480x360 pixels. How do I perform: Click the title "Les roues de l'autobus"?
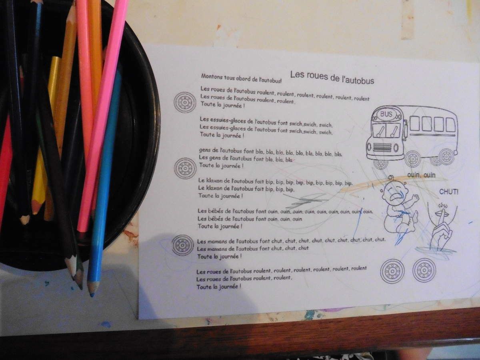[x=332, y=78]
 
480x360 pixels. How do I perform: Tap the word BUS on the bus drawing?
[x=386, y=114]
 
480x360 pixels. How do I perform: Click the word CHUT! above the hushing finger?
[x=449, y=192]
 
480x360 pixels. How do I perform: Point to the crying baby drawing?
[x=400, y=206]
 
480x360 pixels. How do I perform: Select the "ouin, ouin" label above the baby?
[x=421, y=175]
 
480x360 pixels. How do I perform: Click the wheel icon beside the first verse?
[x=185, y=102]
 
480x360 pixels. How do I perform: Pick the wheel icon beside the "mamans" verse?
[x=183, y=245]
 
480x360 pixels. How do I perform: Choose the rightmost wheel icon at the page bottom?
[x=424, y=270]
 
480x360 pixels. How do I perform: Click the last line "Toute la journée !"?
[x=219, y=286]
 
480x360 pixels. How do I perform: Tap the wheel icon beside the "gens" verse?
[x=185, y=168]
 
